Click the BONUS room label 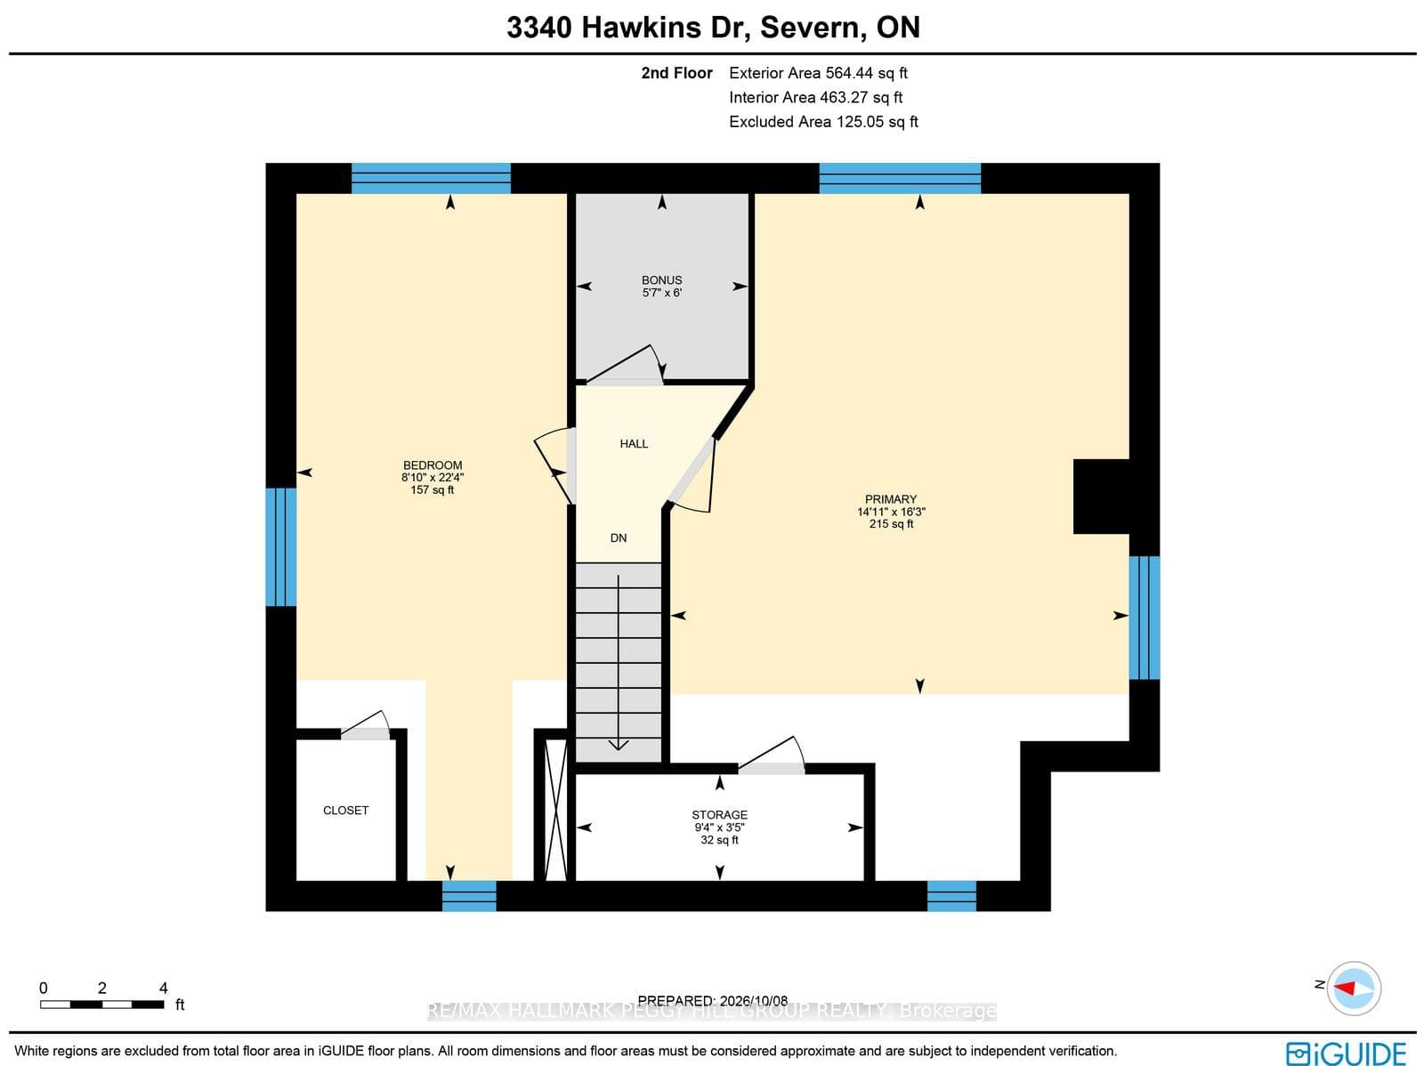[662, 280]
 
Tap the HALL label [634, 443]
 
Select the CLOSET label [346, 811]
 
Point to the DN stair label [619, 537]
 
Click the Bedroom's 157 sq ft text [432, 489]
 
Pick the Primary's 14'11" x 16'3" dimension [891, 512]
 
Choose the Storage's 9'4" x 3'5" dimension [719, 828]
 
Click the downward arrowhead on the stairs [619, 745]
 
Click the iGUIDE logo [1346, 1053]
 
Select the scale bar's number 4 [164, 988]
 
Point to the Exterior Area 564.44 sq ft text [818, 73]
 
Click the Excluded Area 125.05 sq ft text [823, 121]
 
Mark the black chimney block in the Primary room [1102, 497]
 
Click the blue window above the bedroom [431, 178]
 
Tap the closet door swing [366, 724]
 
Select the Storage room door [772, 755]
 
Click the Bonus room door [626, 365]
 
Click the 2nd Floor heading [676, 73]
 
